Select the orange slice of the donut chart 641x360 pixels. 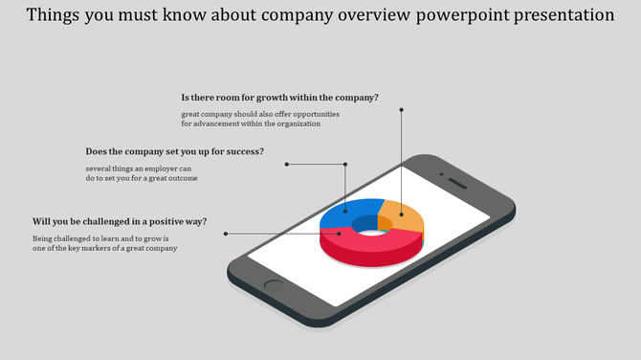click(403, 217)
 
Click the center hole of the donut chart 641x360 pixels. click(368, 224)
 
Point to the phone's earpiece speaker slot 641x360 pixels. click(457, 183)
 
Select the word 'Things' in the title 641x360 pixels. click(54, 15)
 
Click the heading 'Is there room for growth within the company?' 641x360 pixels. click(279, 98)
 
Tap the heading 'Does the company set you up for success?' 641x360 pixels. click(174, 151)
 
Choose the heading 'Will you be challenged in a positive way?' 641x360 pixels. click(120, 220)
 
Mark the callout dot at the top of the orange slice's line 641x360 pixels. click(402, 110)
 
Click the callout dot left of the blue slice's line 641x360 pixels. click(286, 164)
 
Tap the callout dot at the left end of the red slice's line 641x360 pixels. click(226, 234)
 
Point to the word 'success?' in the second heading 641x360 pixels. click(244, 151)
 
